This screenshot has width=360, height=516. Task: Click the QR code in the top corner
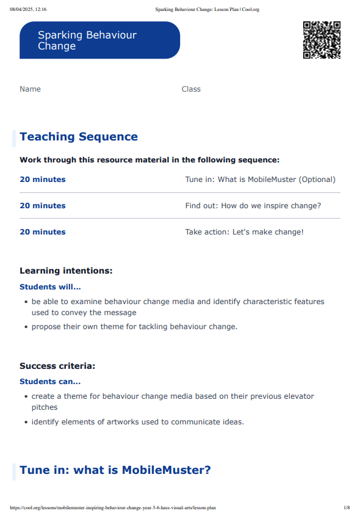click(322, 40)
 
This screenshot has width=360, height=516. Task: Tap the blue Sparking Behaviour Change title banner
click(99, 40)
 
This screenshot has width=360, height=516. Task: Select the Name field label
click(30, 89)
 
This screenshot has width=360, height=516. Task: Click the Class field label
click(191, 89)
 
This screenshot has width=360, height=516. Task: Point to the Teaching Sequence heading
click(79, 137)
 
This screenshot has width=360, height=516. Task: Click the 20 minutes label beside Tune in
click(43, 180)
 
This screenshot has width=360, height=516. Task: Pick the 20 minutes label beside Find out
click(43, 206)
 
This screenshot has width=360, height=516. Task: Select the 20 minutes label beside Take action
click(43, 232)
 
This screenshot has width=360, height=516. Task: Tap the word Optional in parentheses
click(312, 180)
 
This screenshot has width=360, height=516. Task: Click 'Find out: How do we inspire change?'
click(253, 206)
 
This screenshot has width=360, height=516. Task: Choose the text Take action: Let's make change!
click(244, 232)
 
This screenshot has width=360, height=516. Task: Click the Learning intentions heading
click(66, 271)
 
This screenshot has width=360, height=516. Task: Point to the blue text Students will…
click(50, 286)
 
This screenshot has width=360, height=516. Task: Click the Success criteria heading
click(57, 366)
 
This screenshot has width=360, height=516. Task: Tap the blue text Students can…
click(50, 382)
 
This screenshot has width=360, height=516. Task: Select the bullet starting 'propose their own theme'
click(134, 327)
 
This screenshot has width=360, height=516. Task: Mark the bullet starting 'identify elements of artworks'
click(137, 422)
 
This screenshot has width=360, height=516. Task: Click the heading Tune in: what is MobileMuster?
click(115, 470)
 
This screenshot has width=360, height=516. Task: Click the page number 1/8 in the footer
click(347, 507)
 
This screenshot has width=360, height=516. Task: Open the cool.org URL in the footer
click(113, 507)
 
